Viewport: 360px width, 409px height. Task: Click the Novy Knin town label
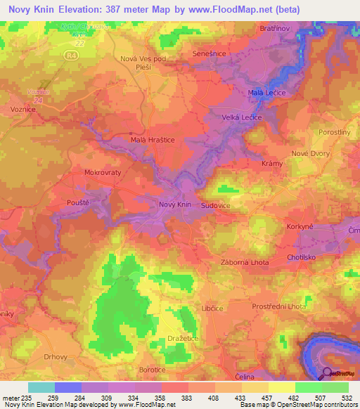pyautogui.click(x=175, y=204)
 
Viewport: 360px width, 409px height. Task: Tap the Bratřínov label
pyautogui.click(x=273, y=30)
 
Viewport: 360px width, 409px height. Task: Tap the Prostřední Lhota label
pyautogui.click(x=279, y=307)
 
